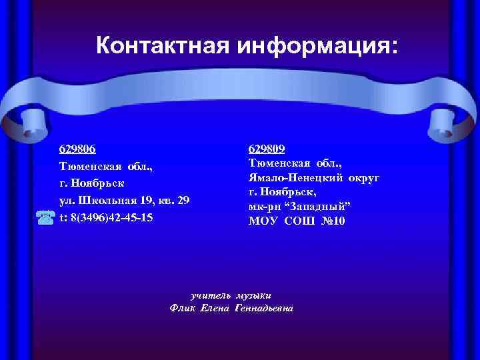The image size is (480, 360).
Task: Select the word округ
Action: coord(362,177)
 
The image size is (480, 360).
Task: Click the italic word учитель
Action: coord(211,295)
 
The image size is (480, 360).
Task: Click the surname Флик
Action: coord(183,308)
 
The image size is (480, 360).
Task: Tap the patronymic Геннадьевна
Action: coord(264,308)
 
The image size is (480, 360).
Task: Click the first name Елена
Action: coord(215,308)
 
